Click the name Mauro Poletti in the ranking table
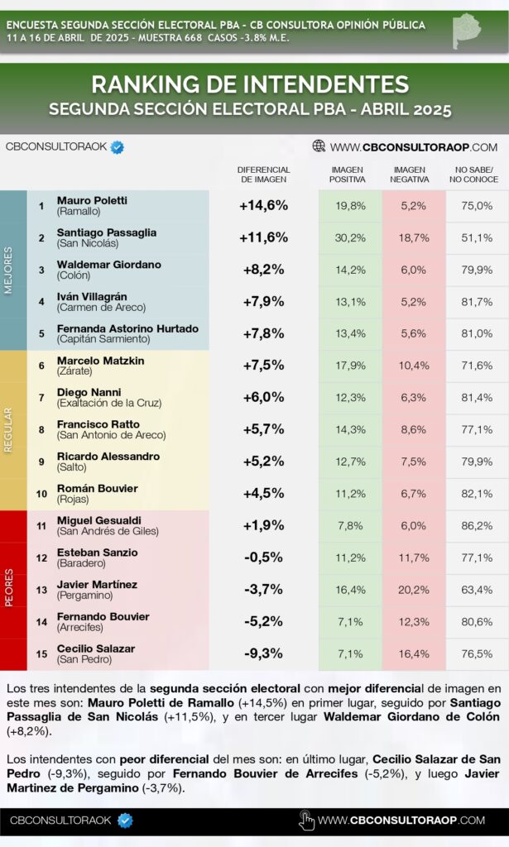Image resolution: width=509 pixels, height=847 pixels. (92, 200)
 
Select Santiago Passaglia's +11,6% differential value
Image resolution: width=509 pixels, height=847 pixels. (263, 237)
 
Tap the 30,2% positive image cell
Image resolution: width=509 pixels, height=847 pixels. (350, 237)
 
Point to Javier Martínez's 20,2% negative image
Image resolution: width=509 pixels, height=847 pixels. (414, 590)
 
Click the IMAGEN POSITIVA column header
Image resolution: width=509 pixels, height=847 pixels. (347, 175)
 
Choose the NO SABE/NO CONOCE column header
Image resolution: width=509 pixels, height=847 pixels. (477, 175)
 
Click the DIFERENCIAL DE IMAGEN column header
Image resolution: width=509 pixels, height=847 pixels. (263, 175)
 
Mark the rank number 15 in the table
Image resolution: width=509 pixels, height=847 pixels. (41, 653)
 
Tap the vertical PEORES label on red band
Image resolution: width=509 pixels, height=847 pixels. (10, 590)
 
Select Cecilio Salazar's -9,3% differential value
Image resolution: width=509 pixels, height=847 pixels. (263, 653)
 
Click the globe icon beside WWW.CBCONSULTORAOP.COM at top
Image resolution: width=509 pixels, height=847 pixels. (319, 146)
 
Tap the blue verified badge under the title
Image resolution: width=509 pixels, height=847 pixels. (118, 147)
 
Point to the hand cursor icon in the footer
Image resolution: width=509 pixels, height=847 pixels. (306, 821)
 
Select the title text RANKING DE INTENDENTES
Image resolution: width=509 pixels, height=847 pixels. (250, 84)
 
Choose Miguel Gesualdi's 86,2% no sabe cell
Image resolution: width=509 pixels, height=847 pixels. (477, 525)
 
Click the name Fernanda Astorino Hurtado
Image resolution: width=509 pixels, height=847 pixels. (127, 328)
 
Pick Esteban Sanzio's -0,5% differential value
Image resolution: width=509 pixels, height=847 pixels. (263, 557)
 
